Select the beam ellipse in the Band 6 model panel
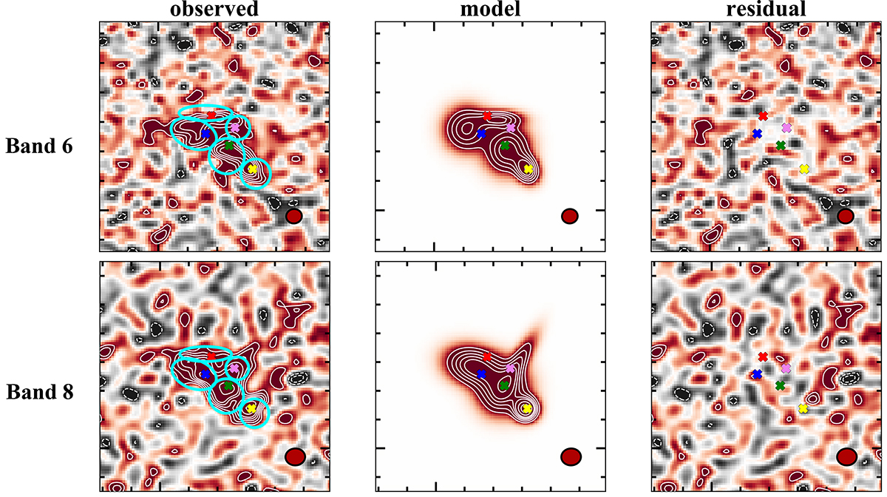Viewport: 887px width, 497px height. coord(569,216)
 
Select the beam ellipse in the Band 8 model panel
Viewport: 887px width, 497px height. coord(570,457)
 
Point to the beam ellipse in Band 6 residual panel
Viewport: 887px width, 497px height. coord(846,216)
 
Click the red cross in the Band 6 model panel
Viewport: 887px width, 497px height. coord(487,115)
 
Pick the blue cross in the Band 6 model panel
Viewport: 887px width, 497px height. coord(481,134)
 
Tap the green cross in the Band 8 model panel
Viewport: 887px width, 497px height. coord(504,385)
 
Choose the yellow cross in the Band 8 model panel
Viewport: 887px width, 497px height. coord(527,408)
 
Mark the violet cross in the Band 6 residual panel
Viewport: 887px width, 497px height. coord(786,128)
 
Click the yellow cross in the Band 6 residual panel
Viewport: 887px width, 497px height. coord(804,169)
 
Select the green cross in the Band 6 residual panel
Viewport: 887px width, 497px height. coord(781,146)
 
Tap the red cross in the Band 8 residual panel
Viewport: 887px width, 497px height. coord(763,356)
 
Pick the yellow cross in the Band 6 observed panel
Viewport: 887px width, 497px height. coord(252,169)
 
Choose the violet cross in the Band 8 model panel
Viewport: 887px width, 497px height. coord(510,368)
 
